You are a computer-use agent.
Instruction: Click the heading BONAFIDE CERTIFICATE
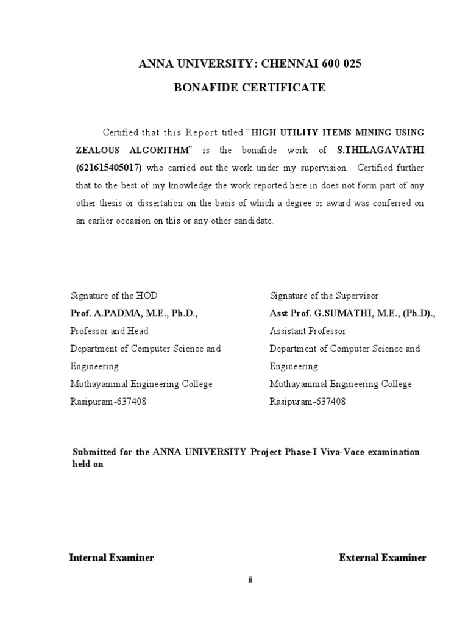(x=250, y=88)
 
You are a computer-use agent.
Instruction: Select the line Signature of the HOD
(x=114, y=296)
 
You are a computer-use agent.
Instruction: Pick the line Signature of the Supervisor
(x=324, y=296)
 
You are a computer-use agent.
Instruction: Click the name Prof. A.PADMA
(x=104, y=313)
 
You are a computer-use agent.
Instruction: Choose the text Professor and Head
(x=110, y=331)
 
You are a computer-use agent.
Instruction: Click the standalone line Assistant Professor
(x=308, y=331)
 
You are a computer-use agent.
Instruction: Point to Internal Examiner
(x=112, y=558)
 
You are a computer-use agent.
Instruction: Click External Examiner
(x=383, y=558)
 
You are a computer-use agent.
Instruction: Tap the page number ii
(x=250, y=580)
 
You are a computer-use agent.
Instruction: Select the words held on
(x=88, y=463)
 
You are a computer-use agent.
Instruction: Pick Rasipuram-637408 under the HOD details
(x=108, y=402)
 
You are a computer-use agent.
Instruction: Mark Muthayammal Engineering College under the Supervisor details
(x=341, y=384)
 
